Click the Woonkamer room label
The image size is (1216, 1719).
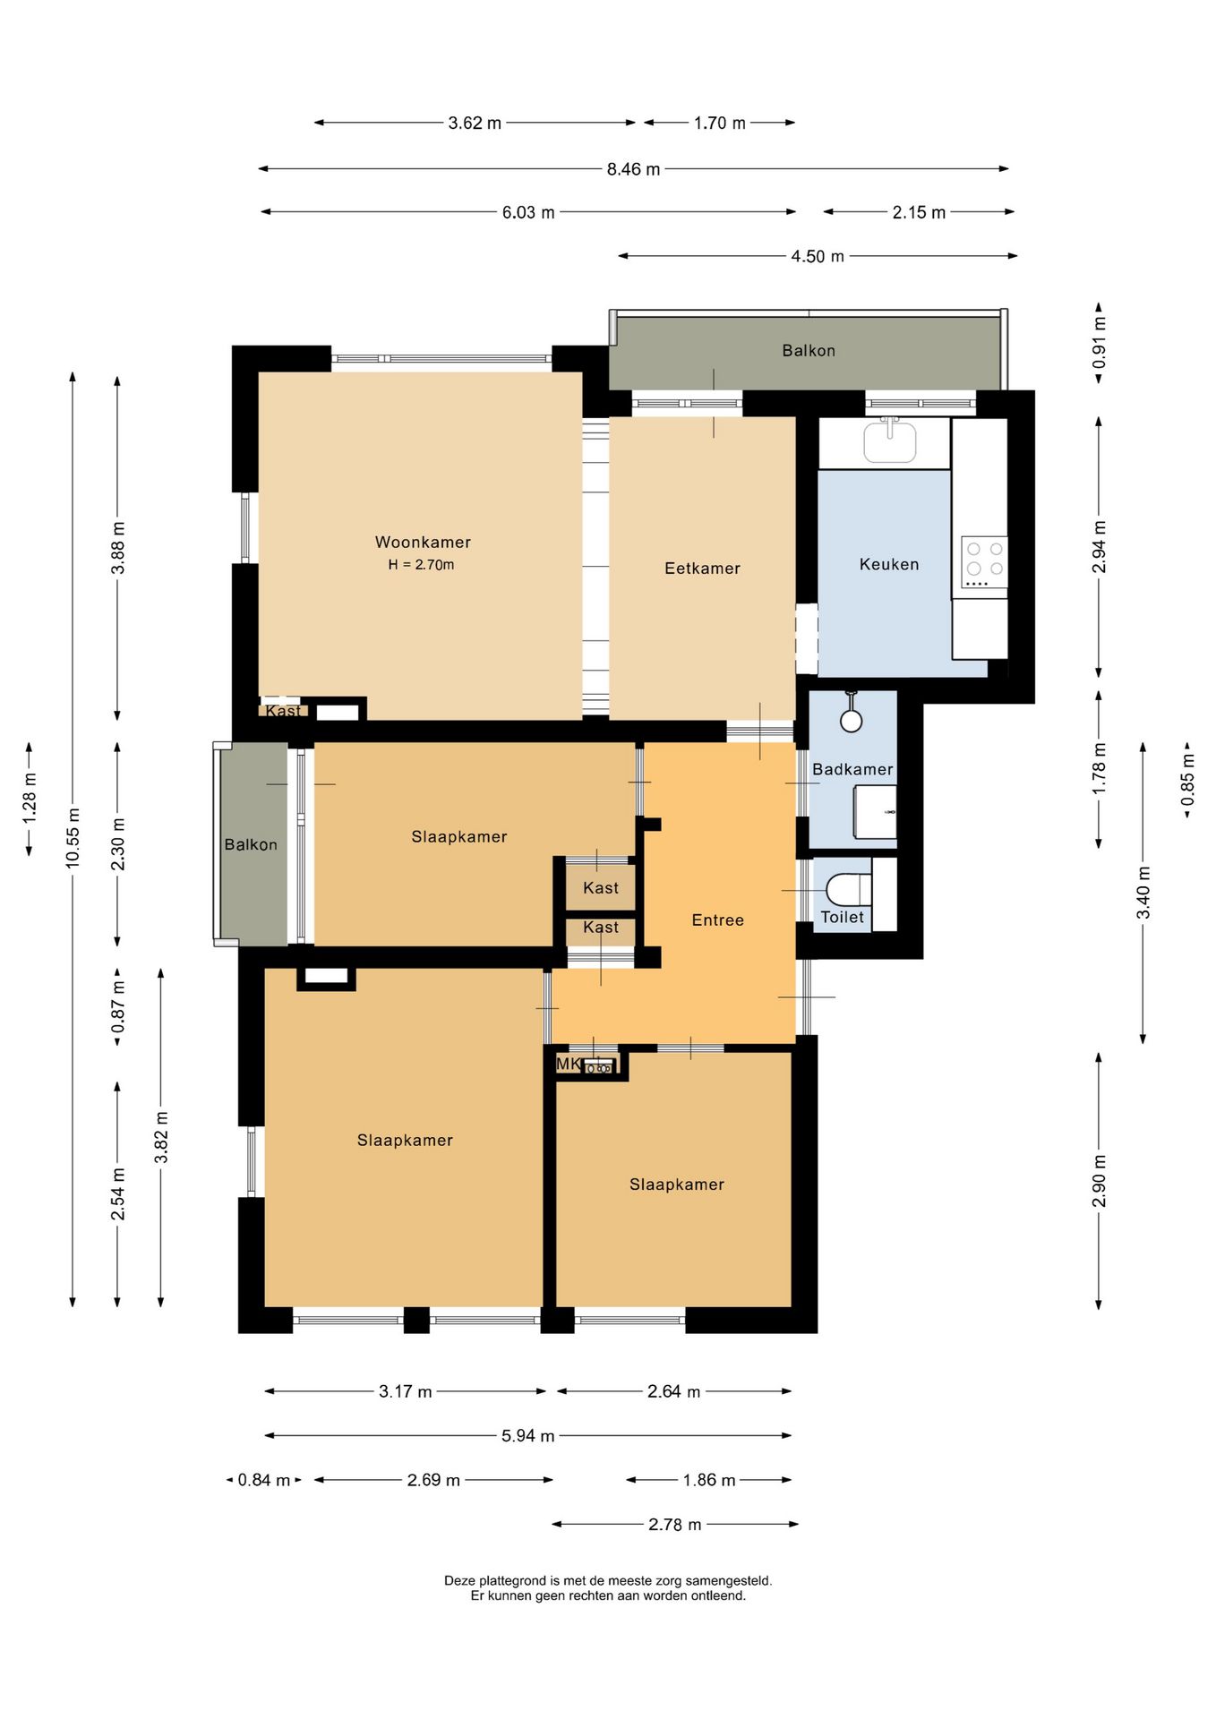pyautogui.click(x=423, y=542)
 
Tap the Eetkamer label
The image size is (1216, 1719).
pyautogui.click(x=702, y=568)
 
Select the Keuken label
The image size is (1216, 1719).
pyautogui.click(x=889, y=564)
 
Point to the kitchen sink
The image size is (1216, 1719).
pyautogui.click(x=890, y=441)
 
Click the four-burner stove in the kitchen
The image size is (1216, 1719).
pyautogui.click(x=984, y=562)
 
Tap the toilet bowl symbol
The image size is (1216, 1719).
pyautogui.click(x=848, y=889)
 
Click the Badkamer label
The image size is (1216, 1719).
pyautogui.click(x=852, y=769)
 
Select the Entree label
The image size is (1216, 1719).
pyautogui.click(x=718, y=919)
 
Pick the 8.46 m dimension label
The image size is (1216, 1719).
pyautogui.click(x=633, y=169)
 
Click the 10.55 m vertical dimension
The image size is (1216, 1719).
pyautogui.click(x=73, y=838)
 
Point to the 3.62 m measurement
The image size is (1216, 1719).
pyautogui.click(x=475, y=123)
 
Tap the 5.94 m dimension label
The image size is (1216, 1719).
pyautogui.click(x=527, y=1436)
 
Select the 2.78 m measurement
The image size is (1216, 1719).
pyautogui.click(x=675, y=1525)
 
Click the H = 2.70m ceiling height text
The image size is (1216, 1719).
pyautogui.click(x=421, y=565)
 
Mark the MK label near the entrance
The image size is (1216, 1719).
pyautogui.click(x=569, y=1064)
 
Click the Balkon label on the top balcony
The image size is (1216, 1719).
pyautogui.click(x=809, y=350)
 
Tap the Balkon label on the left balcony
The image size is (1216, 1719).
pyautogui.click(x=251, y=844)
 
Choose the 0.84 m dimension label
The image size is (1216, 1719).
pyautogui.click(x=264, y=1480)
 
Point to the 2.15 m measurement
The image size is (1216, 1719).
pyautogui.click(x=919, y=212)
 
